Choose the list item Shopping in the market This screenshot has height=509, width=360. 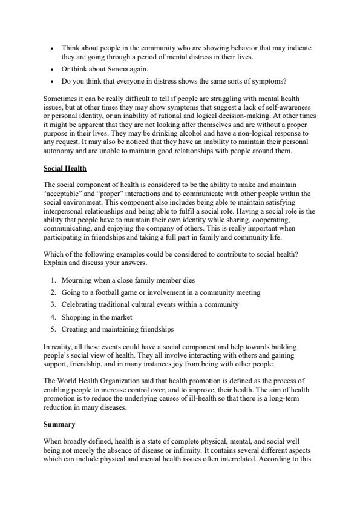coord(96,317)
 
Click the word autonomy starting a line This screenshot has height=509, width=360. coord(59,151)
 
